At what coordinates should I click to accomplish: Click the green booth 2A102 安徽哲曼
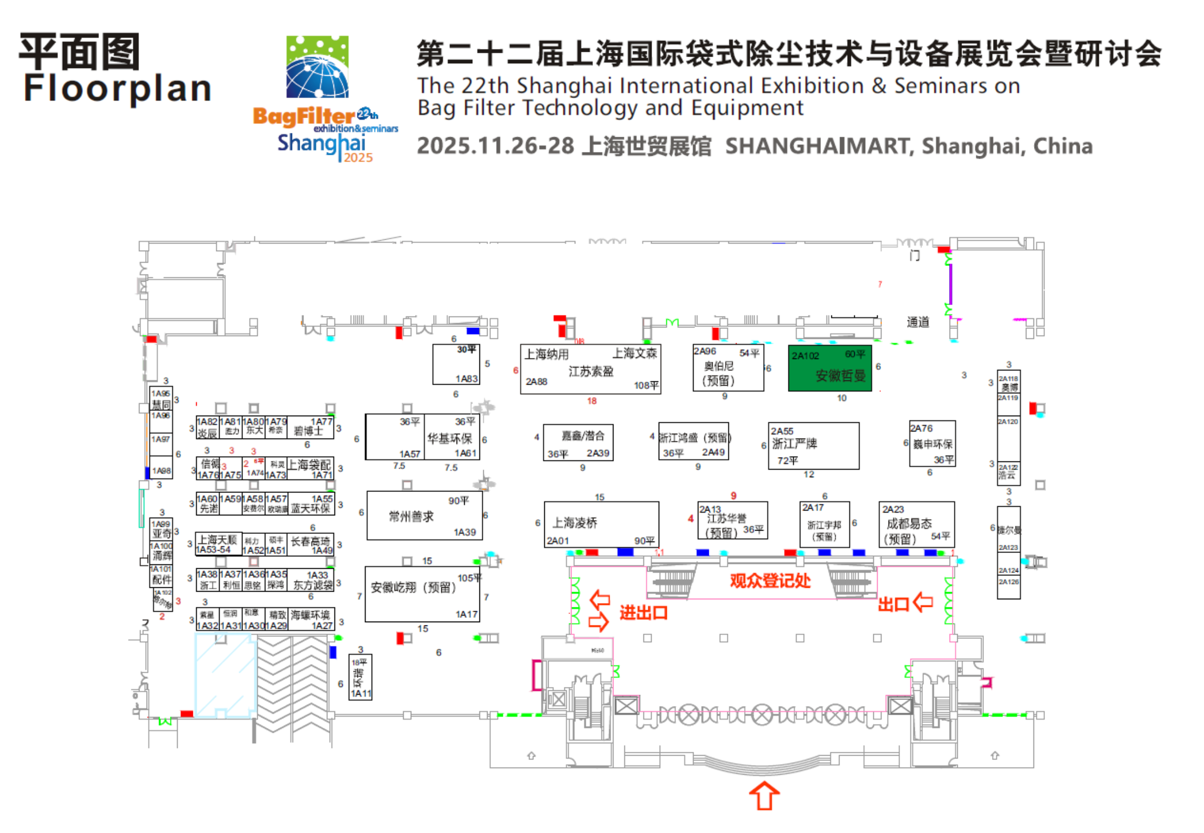click(829, 368)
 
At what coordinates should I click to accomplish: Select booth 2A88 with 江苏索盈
click(590, 369)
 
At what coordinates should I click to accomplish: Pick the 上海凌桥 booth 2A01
click(601, 524)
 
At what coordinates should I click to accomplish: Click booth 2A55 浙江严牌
click(813, 445)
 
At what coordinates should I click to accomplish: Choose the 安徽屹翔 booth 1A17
click(422, 594)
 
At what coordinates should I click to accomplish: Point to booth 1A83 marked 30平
click(456, 364)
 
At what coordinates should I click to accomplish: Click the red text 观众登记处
click(770, 581)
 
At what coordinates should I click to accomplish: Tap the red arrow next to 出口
click(923, 602)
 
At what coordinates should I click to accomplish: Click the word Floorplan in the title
click(118, 88)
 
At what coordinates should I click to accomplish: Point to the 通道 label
click(917, 322)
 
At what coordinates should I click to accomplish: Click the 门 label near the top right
click(914, 255)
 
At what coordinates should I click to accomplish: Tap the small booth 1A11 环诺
click(360, 677)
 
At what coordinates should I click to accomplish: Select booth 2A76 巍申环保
click(932, 443)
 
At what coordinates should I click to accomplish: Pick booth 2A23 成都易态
click(916, 524)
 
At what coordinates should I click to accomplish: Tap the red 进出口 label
click(643, 613)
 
